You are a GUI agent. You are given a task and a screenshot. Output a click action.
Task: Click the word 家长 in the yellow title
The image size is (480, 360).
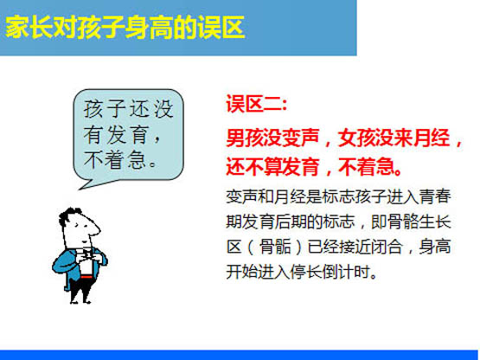[x=29, y=28]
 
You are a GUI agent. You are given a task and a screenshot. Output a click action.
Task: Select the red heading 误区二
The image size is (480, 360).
[x=253, y=104]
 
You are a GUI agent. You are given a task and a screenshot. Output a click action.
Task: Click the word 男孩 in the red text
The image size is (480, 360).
[x=245, y=138]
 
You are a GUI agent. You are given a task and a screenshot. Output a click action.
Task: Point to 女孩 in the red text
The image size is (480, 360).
[x=356, y=138]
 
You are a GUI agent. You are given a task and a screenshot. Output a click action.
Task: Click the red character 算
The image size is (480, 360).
[x=272, y=167]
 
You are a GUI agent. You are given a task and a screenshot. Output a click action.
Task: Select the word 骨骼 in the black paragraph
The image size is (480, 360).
[x=402, y=222]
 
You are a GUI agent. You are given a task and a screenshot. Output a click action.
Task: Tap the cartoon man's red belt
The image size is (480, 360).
[x=86, y=277]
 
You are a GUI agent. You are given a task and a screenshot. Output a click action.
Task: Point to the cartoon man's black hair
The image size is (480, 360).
[x=69, y=215]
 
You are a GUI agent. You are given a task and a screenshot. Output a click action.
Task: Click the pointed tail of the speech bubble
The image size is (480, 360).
[x=80, y=189]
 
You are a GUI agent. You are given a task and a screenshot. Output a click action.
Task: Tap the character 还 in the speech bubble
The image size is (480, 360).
[x=139, y=109]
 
